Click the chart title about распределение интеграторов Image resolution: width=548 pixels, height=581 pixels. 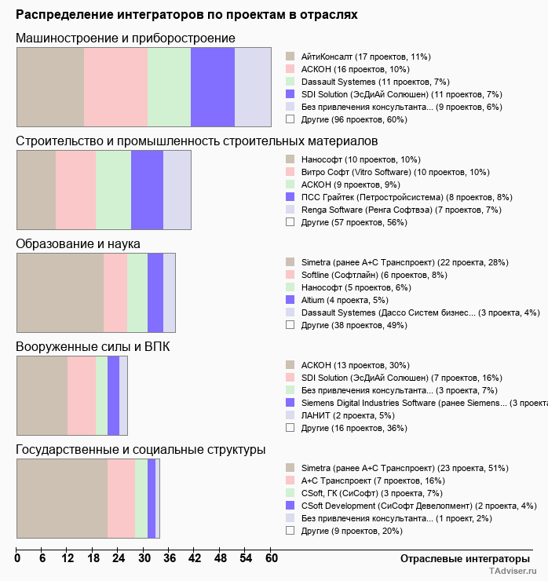pyautogui.click(x=186, y=14)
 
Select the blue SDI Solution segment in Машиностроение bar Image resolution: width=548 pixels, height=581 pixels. pyautogui.click(x=213, y=86)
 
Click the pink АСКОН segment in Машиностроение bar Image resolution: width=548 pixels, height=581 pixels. pyautogui.click(x=115, y=86)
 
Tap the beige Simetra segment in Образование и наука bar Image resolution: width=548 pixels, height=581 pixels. pyautogui.click(x=60, y=293)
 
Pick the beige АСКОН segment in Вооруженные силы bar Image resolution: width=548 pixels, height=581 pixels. pyautogui.click(x=42, y=395)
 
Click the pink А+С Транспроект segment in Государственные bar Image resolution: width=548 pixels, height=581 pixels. pyautogui.click(x=121, y=499)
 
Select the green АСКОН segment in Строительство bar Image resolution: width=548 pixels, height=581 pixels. pyautogui.click(x=113, y=189)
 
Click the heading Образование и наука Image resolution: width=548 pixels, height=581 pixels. pyautogui.click(x=78, y=244)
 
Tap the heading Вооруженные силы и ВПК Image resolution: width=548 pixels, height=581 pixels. pyautogui.click(x=93, y=346)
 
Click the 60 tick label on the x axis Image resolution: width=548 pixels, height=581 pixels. pyautogui.click(x=271, y=559)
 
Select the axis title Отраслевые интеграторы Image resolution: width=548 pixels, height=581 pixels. pyautogui.click(x=460, y=558)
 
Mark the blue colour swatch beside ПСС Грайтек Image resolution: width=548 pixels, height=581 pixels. pyautogui.click(x=290, y=197)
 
